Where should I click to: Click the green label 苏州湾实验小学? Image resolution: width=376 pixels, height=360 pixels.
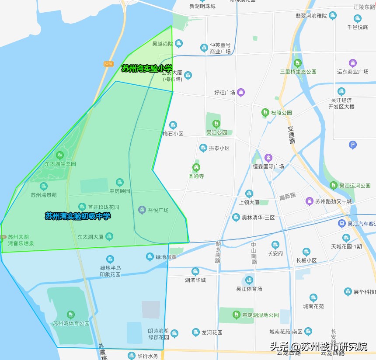[147, 68]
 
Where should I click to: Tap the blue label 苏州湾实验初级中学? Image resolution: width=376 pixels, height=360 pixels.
[78, 216]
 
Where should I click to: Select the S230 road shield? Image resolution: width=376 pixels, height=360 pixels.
[108, 64]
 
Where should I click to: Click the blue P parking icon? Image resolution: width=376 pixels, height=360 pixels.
[353, 145]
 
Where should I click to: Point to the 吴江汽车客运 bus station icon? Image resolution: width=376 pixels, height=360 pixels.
[341, 224]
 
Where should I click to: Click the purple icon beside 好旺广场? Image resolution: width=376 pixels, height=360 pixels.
[241, 92]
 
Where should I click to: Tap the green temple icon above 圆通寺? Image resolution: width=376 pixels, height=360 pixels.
[196, 167]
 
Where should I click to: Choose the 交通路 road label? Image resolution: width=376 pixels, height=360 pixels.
[291, 135]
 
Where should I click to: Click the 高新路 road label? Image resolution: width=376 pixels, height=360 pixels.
[287, 197]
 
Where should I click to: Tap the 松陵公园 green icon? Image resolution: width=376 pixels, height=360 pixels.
[265, 112]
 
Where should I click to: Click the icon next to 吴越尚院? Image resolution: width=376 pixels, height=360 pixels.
[179, 43]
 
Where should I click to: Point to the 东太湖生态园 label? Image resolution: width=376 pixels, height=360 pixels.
[60, 164]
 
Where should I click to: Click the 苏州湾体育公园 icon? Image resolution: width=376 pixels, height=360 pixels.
[71, 315]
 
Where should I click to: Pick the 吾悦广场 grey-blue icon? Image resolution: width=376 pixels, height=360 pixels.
[142, 210]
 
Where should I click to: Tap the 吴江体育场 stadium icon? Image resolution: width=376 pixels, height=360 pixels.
[249, 280]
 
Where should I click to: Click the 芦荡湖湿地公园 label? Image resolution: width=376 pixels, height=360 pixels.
[261, 315]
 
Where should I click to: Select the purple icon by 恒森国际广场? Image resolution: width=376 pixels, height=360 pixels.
[268, 158]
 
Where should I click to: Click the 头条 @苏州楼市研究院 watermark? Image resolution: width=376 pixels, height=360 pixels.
[318, 346]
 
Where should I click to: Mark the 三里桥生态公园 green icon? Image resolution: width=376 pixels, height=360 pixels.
[298, 63]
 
